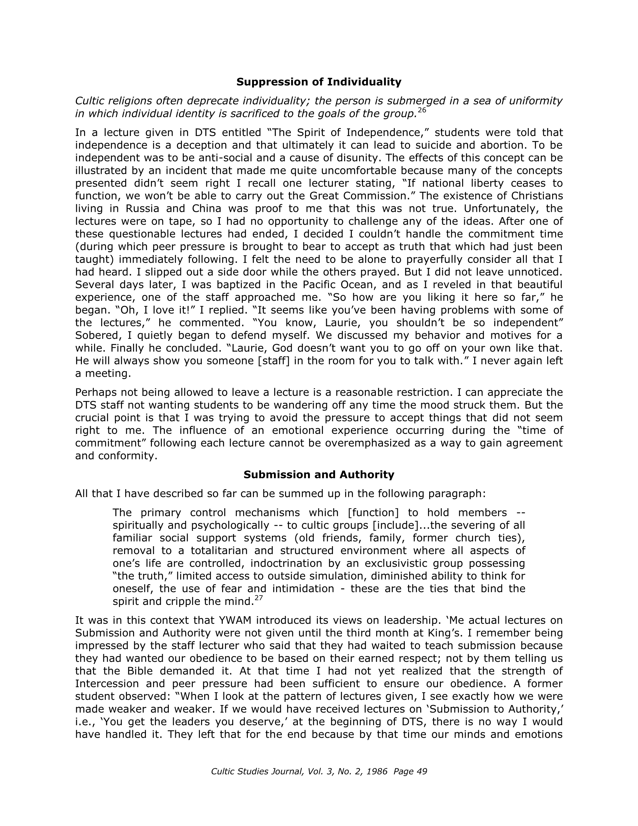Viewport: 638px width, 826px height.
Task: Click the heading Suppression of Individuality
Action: coord(318,82)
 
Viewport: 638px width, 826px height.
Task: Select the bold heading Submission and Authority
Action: coord(318,475)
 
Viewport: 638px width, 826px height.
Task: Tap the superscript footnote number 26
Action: coord(422,111)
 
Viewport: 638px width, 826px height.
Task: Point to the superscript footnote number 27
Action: coord(258,597)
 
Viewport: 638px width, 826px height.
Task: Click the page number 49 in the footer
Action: coord(421,772)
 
